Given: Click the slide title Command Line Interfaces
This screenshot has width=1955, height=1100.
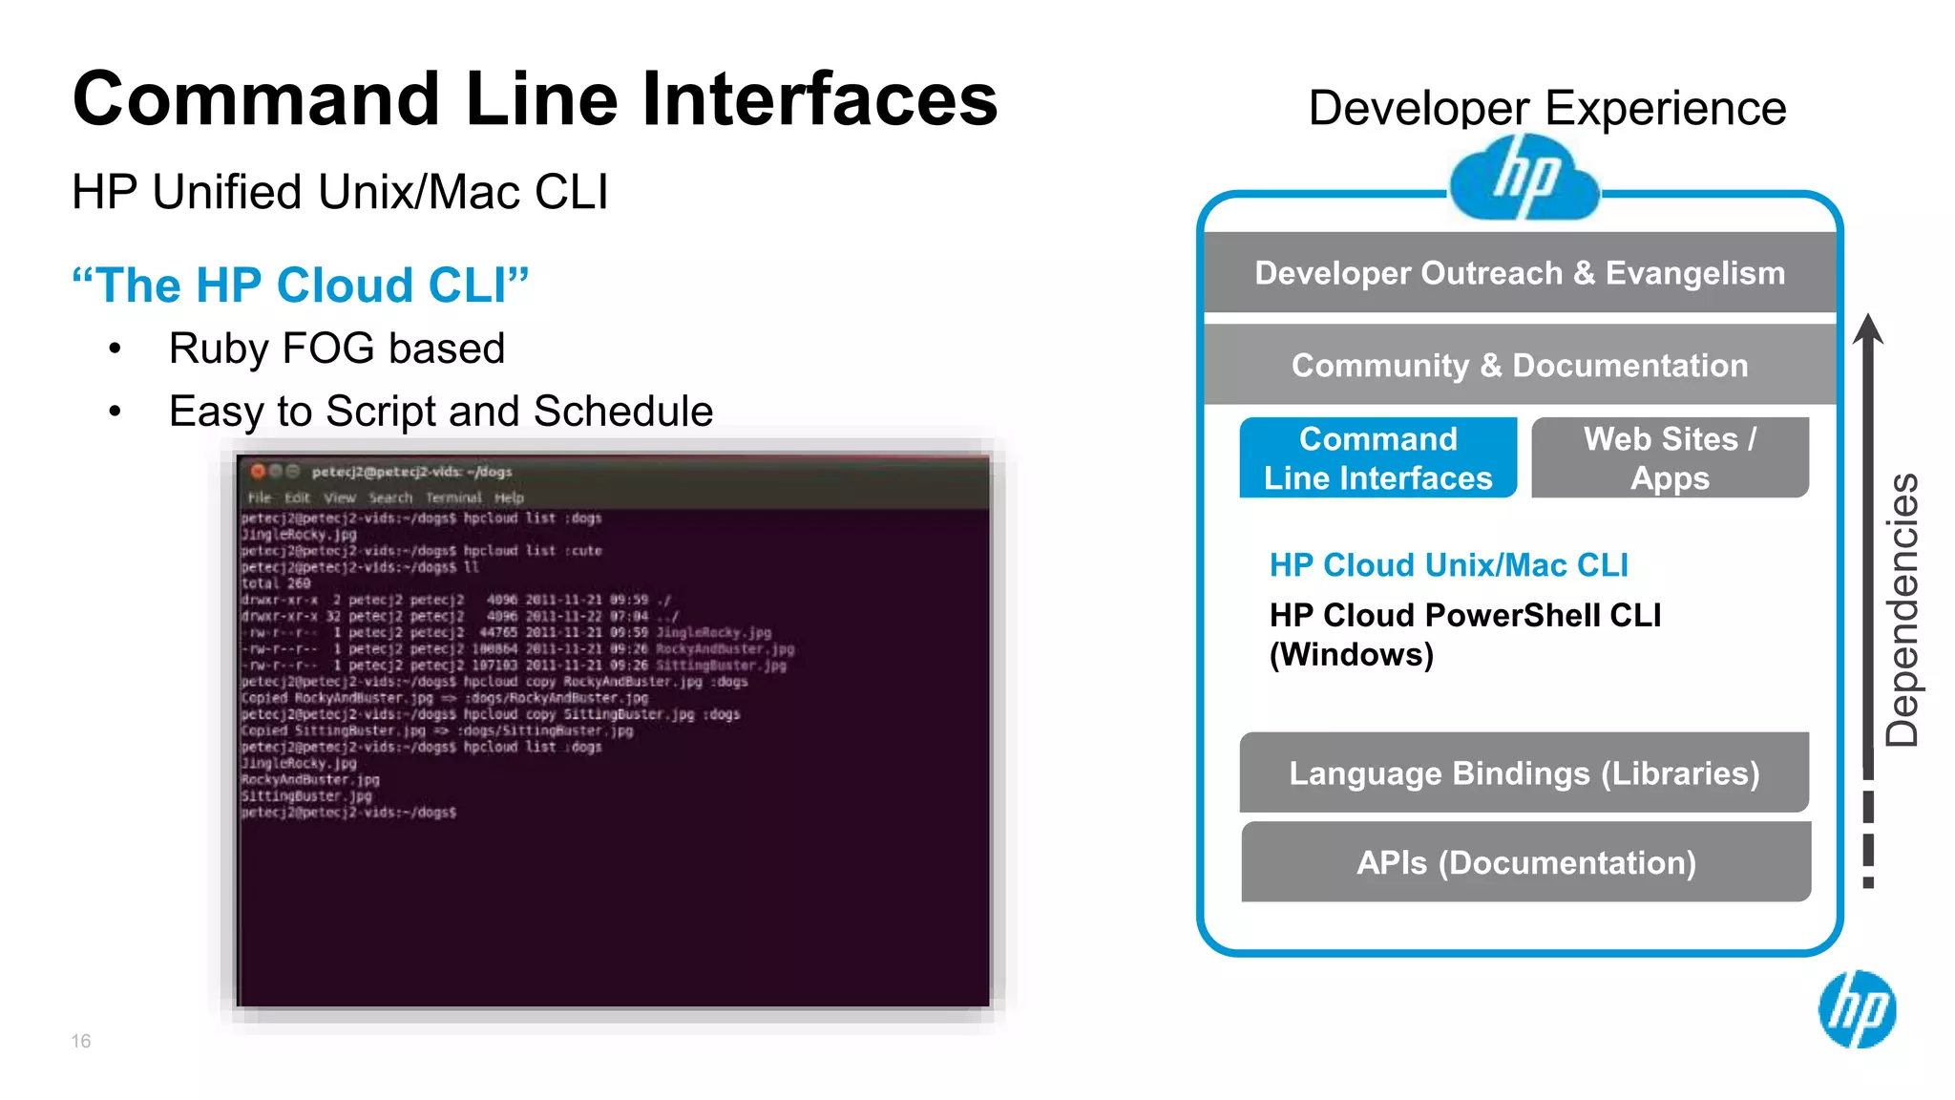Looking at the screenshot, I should click(535, 99).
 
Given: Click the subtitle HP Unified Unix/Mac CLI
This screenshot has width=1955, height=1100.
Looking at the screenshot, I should click(340, 192).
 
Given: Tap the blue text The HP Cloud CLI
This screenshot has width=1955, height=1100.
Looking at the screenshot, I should click(301, 285).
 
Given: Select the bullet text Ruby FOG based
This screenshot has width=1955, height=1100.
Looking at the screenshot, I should click(336, 349).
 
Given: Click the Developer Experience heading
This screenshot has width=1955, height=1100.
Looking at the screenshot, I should click(1546, 108).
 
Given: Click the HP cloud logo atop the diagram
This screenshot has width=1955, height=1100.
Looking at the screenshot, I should click(1524, 179).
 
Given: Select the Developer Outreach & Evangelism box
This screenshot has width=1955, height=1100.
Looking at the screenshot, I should click(1520, 273).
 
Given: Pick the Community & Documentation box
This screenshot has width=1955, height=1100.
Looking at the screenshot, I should click(1520, 366).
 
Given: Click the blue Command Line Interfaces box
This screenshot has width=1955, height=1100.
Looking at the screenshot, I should click(1377, 458).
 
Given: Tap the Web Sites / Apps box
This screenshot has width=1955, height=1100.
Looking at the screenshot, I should click(1670, 458).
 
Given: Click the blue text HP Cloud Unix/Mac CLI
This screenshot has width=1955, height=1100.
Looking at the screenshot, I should click(1448, 565).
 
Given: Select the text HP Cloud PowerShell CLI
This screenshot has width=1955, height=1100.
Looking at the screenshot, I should click(1464, 616).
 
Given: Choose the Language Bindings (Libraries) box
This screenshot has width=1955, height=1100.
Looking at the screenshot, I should click(1524, 773).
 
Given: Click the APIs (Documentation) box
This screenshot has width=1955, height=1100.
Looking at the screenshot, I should click(1525, 863).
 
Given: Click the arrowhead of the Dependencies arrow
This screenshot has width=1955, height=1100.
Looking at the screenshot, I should click(1868, 328).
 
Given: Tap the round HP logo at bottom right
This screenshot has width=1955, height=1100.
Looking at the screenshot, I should click(1857, 1009).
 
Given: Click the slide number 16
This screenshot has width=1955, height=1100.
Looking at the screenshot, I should click(81, 1041).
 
